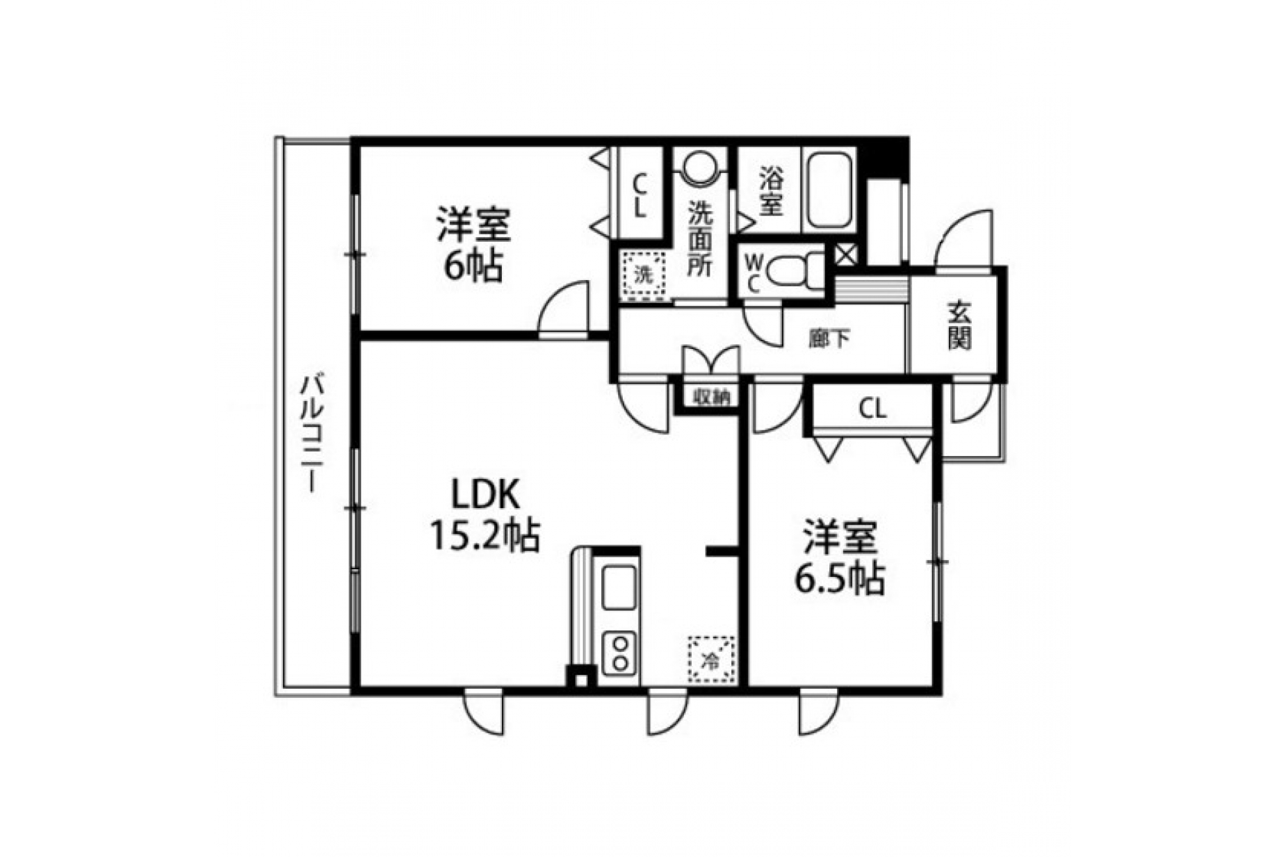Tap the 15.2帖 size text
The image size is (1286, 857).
click(485, 536)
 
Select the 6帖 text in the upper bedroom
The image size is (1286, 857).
click(473, 265)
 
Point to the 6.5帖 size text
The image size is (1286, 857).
click(840, 577)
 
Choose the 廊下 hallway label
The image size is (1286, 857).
click(829, 338)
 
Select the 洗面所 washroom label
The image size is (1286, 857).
click(700, 238)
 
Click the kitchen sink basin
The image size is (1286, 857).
click(619, 587)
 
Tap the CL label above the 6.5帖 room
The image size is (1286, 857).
click(873, 409)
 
